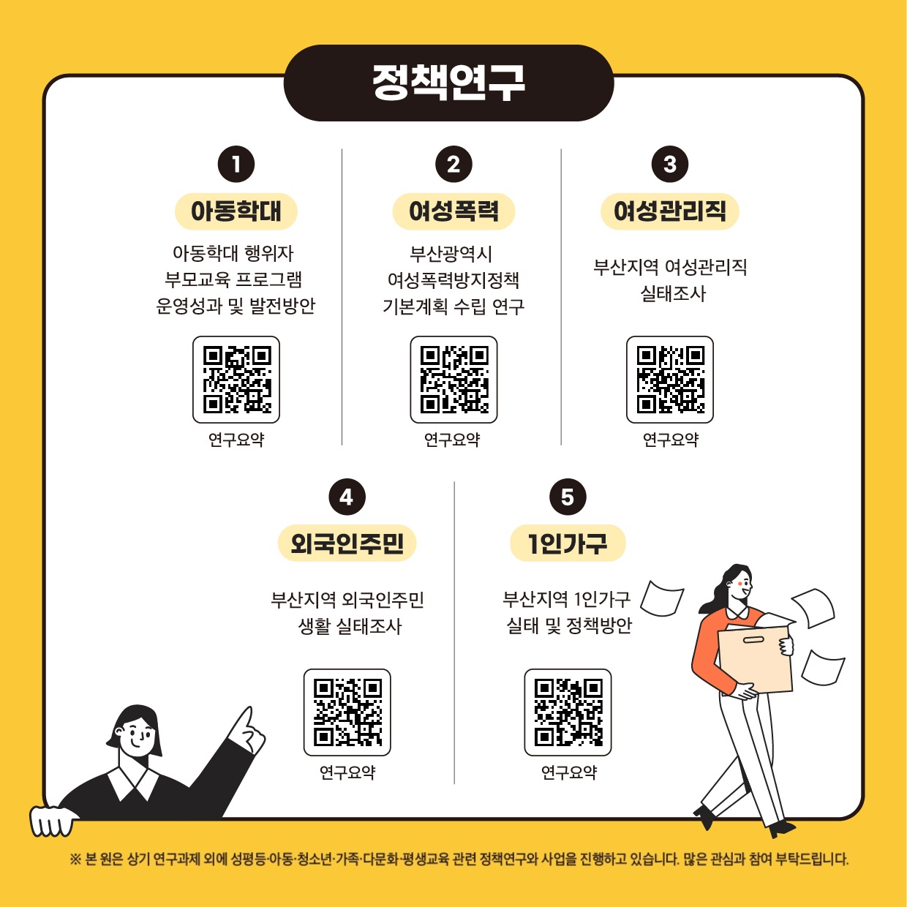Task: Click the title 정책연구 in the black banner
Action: click(x=448, y=83)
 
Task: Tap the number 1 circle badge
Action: click(x=236, y=165)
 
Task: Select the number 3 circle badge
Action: click(x=670, y=165)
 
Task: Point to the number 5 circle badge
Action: click(x=568, y=497)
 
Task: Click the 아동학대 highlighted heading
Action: click(x=236, y=211)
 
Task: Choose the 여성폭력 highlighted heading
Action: click(x=453, y=211)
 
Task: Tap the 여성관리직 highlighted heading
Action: click(x=670, y=211)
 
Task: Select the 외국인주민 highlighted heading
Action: click(x=347, y=543)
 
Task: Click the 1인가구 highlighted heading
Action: click(x=568, y=543)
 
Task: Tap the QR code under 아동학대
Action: click(x=236, y=380)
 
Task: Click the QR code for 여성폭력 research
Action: click(x=453, y=380)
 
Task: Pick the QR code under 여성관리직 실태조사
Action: click(x=670, y=380)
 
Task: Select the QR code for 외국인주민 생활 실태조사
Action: click(x=347, y=712)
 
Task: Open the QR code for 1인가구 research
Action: click(x=568, y=712)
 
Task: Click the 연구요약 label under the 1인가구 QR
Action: click(x=569, y=772)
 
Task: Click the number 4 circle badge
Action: click(x=347, y=497)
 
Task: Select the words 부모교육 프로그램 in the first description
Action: click(x=233, y=279)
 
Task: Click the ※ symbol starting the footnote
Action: click(x=75, y=859)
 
